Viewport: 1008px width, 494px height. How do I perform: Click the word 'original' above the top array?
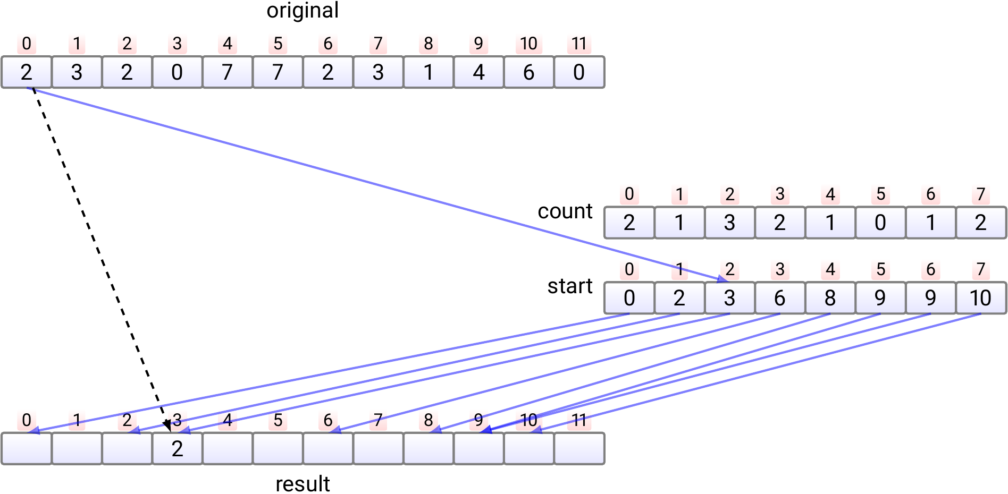pyautogui.click(x=303, y=11)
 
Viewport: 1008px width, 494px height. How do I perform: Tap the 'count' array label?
pyautogui.click(x=565, y=211)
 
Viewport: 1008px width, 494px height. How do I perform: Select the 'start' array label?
pyautogui.click(x=569, y=286)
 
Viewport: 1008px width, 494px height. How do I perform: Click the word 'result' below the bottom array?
pyautogui.click(x=303, y=484)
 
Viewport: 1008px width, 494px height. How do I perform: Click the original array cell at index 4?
pyautogui.click(x=228, y=72)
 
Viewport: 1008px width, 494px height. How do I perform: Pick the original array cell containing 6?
pyautogui.click(x=528, y=72)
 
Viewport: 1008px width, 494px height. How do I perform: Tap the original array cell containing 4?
pyautogui.click(x=478, y=72)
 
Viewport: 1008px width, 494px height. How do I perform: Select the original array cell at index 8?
pyautogui.click(x=429, y=72)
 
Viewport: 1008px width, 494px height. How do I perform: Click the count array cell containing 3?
pyautogui.click(x=729, y=223)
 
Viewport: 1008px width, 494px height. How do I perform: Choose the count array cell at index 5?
pyautogui.click(x=880, y=223)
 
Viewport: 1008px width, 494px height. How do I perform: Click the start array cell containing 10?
pyautogui.click(x=980, y=298)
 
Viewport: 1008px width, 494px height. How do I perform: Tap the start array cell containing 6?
pyautogui.click(x=780, y=298)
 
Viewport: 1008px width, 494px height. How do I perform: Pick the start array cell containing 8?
pyautogui.click(x=830, y=298)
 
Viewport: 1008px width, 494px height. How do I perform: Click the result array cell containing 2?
pyautogui.click(x=177, y=449)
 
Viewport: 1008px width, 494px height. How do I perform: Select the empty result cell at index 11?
pyautogui.click(x=579, y=449)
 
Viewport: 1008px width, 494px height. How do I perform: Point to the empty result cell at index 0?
pyautogui.click(x=27, y=449)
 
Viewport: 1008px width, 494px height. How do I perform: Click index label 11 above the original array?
pyautogui.click(x=579, y=44)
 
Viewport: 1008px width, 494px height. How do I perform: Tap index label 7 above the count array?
pyautogui.click(x=981, y=194)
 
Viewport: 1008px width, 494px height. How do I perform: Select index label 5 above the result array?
pyautogui.click(x=278, y=420)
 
